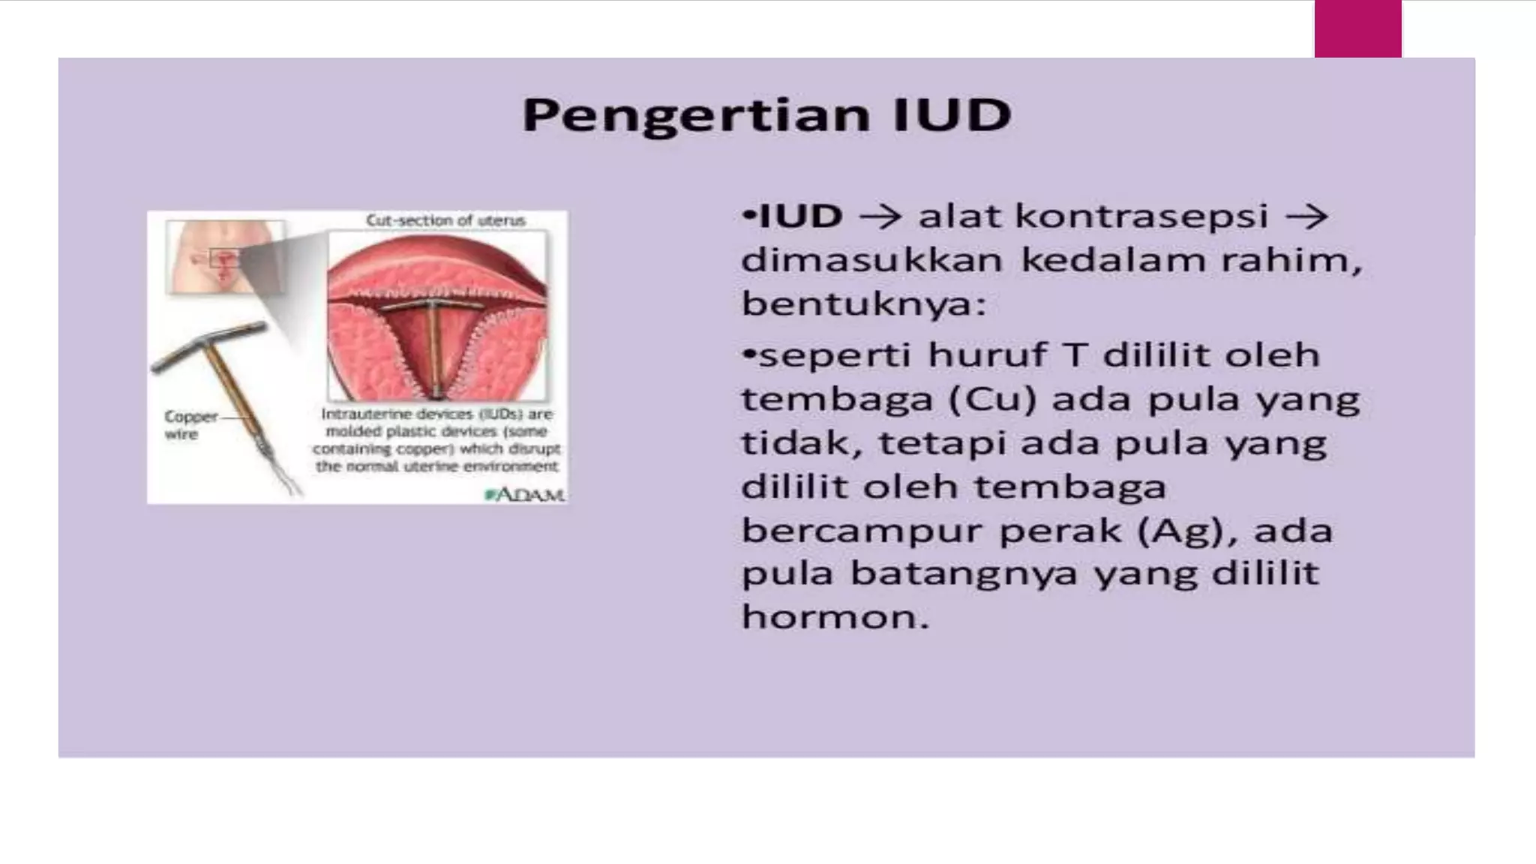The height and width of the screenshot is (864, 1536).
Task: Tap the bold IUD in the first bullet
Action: pos(799,217)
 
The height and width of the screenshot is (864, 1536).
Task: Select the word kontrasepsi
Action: pos(1142,217)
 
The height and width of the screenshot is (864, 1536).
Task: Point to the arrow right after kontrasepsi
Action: pos(1306,217)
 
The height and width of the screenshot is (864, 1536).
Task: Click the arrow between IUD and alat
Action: pos(880,217)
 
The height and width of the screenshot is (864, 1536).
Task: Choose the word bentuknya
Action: pos(862,304)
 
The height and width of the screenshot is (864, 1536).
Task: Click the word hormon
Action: pos(835,617)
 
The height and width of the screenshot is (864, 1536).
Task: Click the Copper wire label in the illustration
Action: pos(190,425)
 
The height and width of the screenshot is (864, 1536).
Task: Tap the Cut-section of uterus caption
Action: pos(445,220)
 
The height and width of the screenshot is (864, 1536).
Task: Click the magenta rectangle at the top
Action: pos(1357,28)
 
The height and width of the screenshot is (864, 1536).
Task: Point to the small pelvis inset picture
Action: pos(225,257)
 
